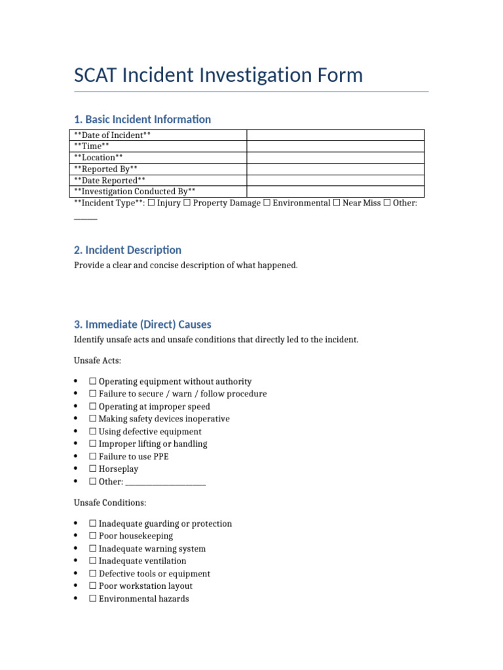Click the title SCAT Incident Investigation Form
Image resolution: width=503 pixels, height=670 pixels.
pyautogui.click(x=218, y=75)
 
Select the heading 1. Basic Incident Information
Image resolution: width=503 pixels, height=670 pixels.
pyautogui.click(x=142, y=119)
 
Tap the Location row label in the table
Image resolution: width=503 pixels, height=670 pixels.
pyautogui.click(x=98, y=158)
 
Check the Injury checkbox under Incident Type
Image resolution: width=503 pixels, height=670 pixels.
pyautogui.click(x=151, y=203)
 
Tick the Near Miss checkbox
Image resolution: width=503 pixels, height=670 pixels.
pyautogui.click(x=336, y=203)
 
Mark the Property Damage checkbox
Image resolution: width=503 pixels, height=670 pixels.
pyautogui.click(x=187, y=203)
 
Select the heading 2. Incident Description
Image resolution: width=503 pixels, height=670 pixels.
pyautogui.click(x=128, y=250)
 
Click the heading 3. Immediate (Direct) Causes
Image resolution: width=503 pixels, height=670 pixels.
pyautogui.click(x=143, y=325)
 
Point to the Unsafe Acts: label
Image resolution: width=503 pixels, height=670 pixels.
pyautogui.click(x=98, y=361)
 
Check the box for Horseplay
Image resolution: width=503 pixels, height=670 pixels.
pyautogui.click(x=93, y=469)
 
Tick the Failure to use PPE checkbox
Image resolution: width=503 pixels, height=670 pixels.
pyautogui.click(x=93, y=457)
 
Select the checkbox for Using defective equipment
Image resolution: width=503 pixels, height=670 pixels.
pyautogui.click(x=93, y=432)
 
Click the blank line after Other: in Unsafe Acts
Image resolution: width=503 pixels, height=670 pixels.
pyautogui.click(x=165, y=482)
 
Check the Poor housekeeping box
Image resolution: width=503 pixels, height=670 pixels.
pyautogui.click(x=93, y=537)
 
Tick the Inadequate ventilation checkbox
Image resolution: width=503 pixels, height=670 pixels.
pyautogui.click(x=93, y=561)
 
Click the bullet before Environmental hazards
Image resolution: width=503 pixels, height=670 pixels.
pyautogui.click(x=77, y=599)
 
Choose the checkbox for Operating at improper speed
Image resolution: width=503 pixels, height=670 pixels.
pyautogui.click(x=93, y=407)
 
